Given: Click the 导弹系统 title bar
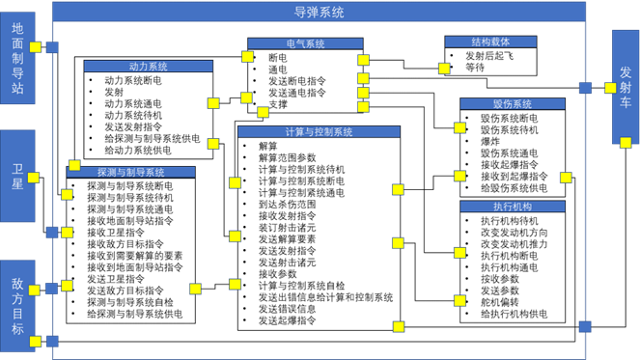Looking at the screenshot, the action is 320,12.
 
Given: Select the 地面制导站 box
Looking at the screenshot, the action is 17,58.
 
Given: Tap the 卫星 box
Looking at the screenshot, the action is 17,177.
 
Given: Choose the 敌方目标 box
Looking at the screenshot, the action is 17,306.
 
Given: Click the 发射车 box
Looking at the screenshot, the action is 626,87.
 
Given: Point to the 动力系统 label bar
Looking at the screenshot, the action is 148,67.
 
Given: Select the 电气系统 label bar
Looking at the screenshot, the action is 305,43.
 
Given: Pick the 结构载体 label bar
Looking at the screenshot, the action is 490,42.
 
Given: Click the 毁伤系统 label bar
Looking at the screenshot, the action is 512,103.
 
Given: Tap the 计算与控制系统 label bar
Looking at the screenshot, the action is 319,131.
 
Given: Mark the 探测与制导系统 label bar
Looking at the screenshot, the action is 130,172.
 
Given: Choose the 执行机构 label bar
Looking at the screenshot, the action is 512,206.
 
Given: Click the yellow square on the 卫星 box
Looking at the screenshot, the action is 34,178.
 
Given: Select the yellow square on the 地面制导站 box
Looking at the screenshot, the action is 36,47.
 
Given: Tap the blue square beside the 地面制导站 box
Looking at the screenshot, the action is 52,47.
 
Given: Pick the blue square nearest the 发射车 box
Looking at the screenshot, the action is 585,88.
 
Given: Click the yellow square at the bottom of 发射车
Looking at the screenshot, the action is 626,143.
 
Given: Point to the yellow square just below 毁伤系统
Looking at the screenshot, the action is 459,127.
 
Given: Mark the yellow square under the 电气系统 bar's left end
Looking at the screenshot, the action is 247,57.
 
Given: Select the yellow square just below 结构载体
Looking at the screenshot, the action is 444,69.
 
